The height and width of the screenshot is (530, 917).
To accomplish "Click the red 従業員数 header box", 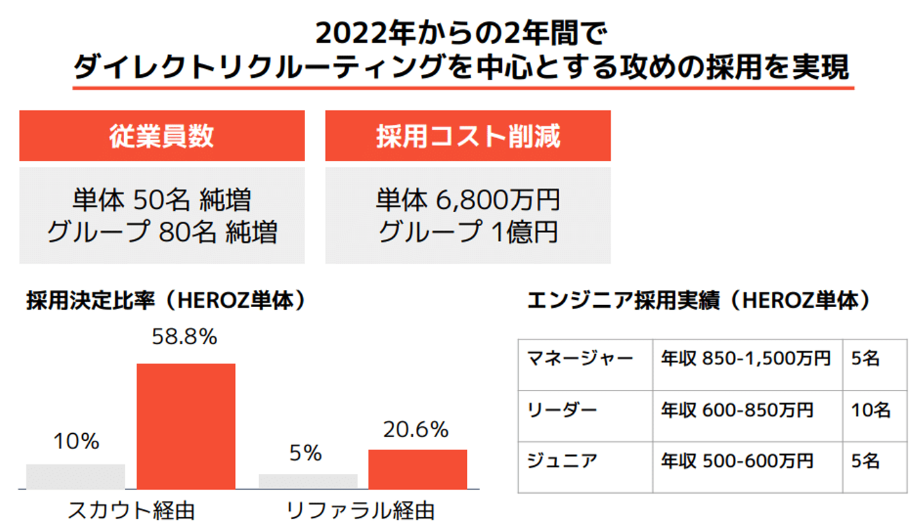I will pyautogui.click(x=162, y=136).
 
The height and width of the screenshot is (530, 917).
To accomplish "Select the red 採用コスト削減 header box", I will pyautogui.click(x=467, y=136).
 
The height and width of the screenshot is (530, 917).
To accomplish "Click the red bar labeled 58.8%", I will pyautogui.click(x=186, y=426).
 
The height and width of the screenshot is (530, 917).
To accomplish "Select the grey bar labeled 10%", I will pyautogui.click(x=75, y=476).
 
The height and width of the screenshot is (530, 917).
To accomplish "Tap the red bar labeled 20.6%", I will pyautogui.click(x=418, y=469).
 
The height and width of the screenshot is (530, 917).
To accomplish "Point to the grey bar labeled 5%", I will pyautogui.click(x=308, y=482).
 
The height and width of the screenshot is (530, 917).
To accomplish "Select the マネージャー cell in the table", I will pyautogui.click(x=580, y=359).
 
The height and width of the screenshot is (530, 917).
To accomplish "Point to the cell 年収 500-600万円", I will pyautogui.click(x=737, y=460).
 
